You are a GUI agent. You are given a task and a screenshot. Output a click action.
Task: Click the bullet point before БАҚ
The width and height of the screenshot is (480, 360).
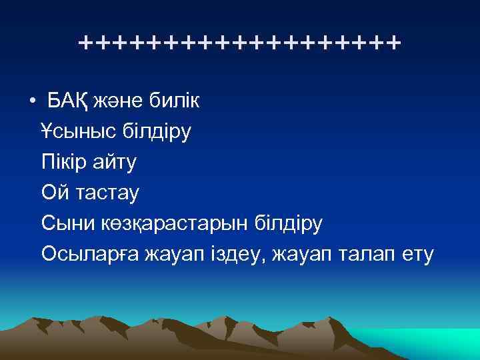(x=33, y=101)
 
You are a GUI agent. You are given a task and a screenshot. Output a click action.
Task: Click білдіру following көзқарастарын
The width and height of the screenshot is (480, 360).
(x=288, y=223)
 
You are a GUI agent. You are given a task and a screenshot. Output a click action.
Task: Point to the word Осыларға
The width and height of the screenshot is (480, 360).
(x=87, y=254)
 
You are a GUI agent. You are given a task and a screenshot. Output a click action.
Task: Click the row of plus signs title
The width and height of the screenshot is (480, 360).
(x=239, y=44)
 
